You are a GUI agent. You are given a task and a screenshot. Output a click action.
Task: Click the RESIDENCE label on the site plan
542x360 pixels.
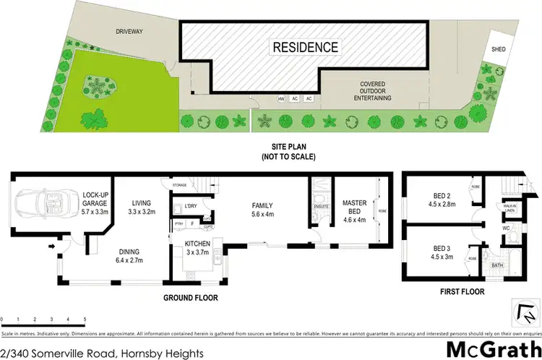pyautogui.click(x=304, y=48)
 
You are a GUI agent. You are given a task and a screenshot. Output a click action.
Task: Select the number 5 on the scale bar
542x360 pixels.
pyautogui.click(x=85, y=320)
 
